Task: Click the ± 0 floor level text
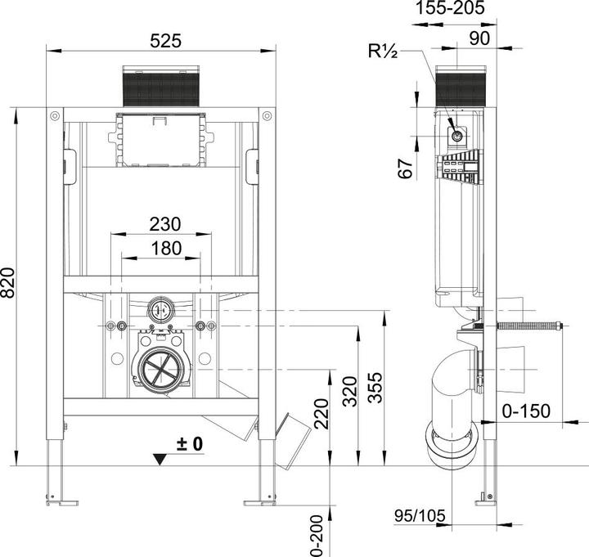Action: pyautogui.click(x=189, y=445)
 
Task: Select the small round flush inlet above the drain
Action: pyautogui.click(x=161, y=311)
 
